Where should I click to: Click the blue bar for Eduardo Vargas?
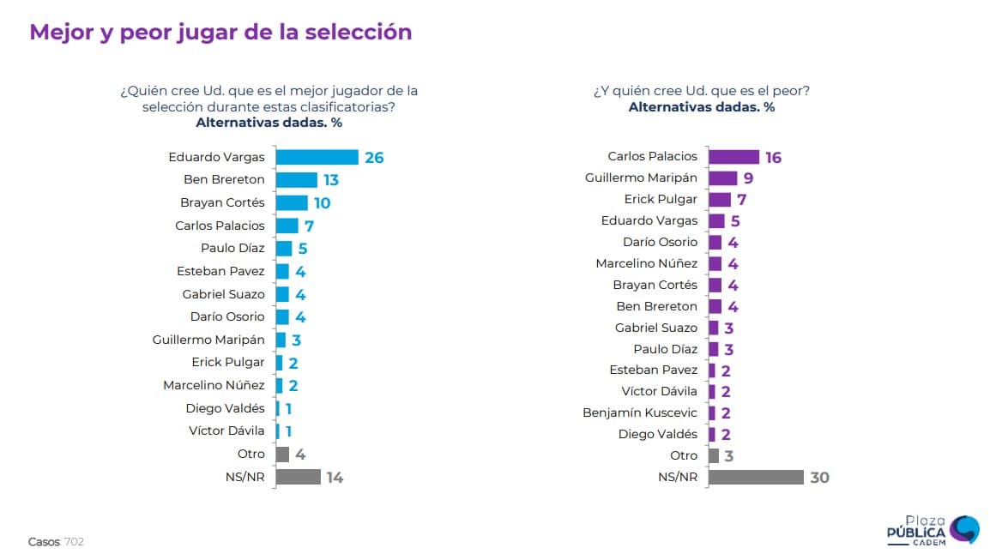click(x=317, y=157)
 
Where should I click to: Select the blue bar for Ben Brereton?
click(x=296, y=180)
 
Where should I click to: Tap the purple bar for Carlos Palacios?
click(x=733, y=157)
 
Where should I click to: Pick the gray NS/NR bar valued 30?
click(x=756, y=477)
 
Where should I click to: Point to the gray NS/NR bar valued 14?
click(x=298, y=477)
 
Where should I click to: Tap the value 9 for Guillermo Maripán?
click(x=749, y=179)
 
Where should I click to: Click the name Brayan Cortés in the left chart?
click(x=222, y=202)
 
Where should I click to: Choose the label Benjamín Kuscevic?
click(x=640, y=412)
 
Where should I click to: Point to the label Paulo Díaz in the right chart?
click(x=665, y=349)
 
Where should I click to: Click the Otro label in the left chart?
click(x=251, y=454)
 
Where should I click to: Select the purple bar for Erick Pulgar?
click(x=719, y=200)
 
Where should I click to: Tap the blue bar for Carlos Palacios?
click(x=287, y=226)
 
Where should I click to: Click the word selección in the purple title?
click(x=365, y=32)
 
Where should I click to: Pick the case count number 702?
click(x=74, y=542)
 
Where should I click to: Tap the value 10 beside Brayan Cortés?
click(x=322, y=203)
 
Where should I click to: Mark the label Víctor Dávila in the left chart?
click(x=226, y=431)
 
